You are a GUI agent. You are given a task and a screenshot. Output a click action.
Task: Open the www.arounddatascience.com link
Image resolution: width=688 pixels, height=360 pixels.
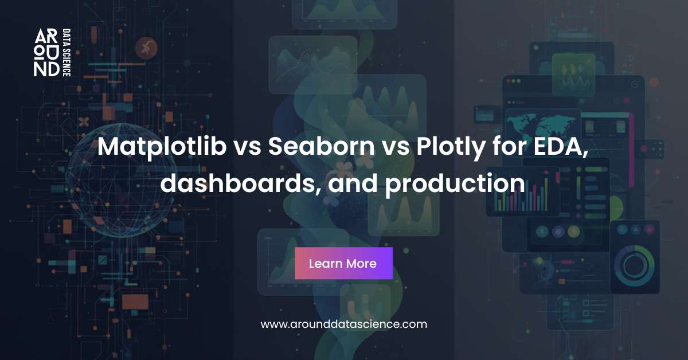coord(344,324)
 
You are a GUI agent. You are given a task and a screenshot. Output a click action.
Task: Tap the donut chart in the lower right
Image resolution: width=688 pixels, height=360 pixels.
coord(634,264)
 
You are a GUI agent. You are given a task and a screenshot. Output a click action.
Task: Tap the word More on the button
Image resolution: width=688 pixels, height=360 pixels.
coord(361,264)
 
